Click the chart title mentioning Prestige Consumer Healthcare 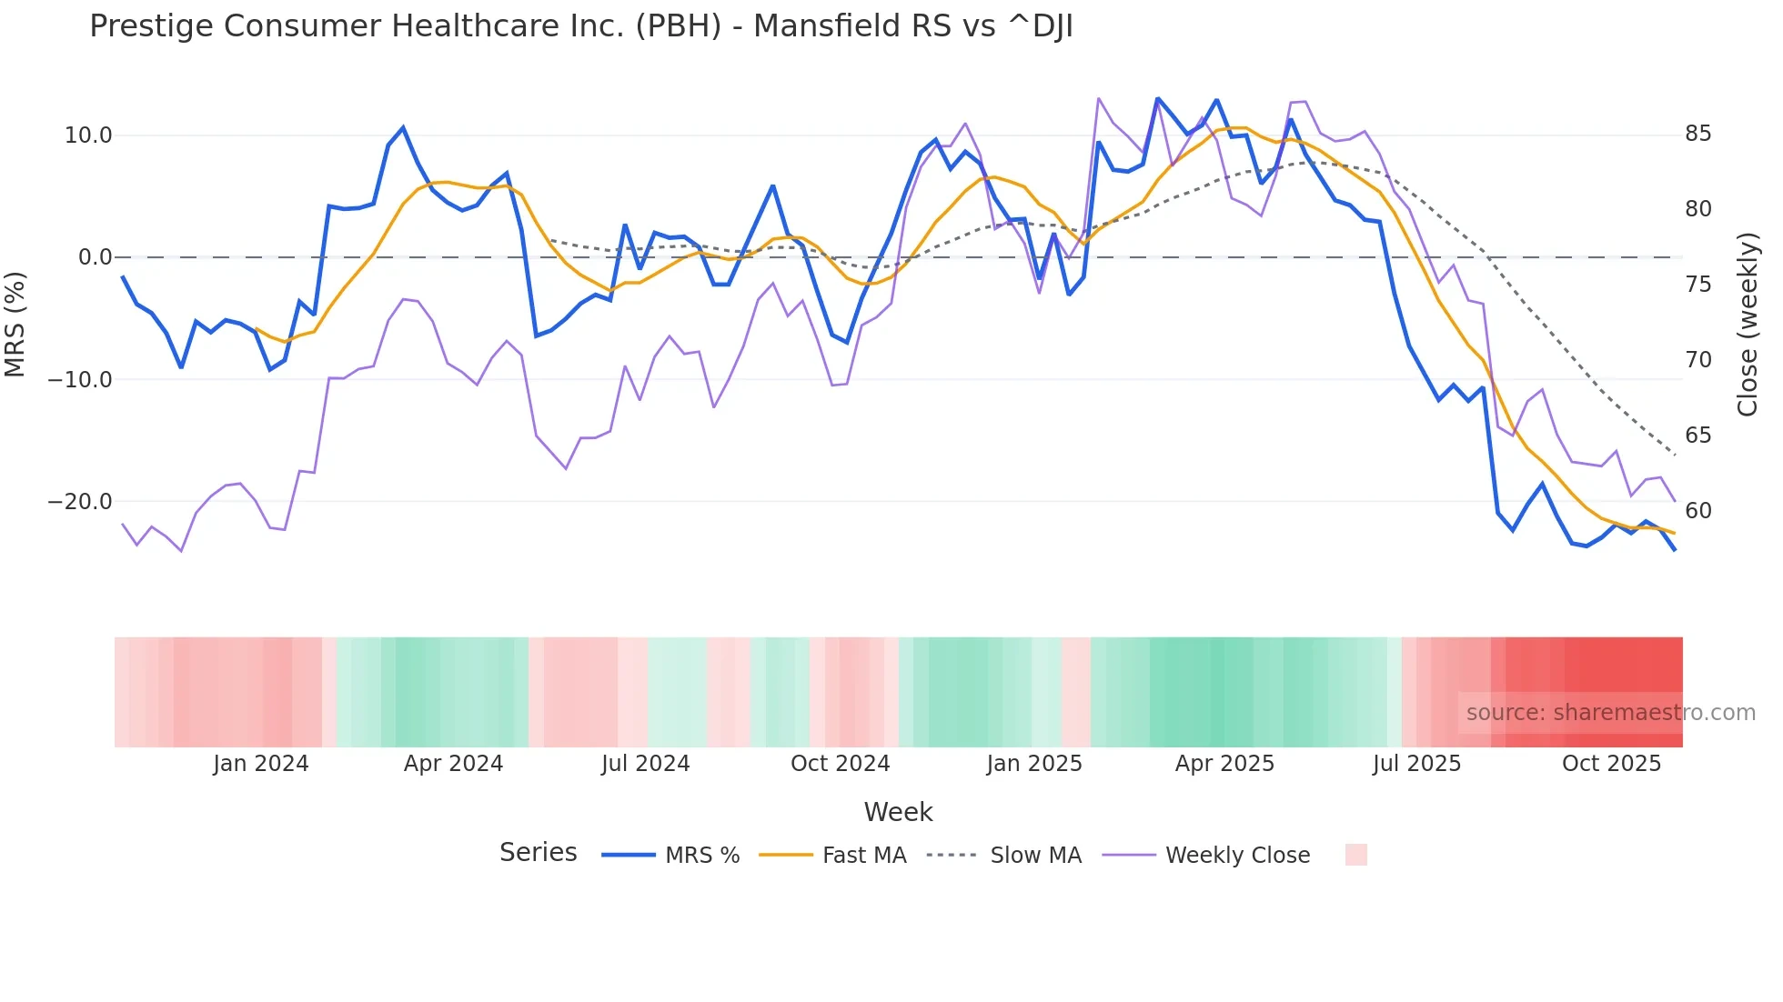[x=580, y=26]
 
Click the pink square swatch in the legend [x=1355, y=855]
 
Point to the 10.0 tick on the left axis [x=88, y=135]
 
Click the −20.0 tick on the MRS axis [x=80, y=502]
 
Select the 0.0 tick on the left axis [x=95, y=257]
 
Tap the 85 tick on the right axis [x=1697, y=134]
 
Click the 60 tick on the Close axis [x=1697, y=511]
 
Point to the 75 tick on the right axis [x=1697, y=285]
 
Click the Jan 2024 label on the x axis [x=261, y=764]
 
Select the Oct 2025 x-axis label [x=1611, y=764]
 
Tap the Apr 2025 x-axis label [x=1224, y=764]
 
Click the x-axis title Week [x=898, y=812]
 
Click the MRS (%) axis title [x=15, y=324]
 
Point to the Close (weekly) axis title [x=1747, y=325]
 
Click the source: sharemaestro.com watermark [x=1610, y=713]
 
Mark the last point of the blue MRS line [x=1674, y=549]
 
